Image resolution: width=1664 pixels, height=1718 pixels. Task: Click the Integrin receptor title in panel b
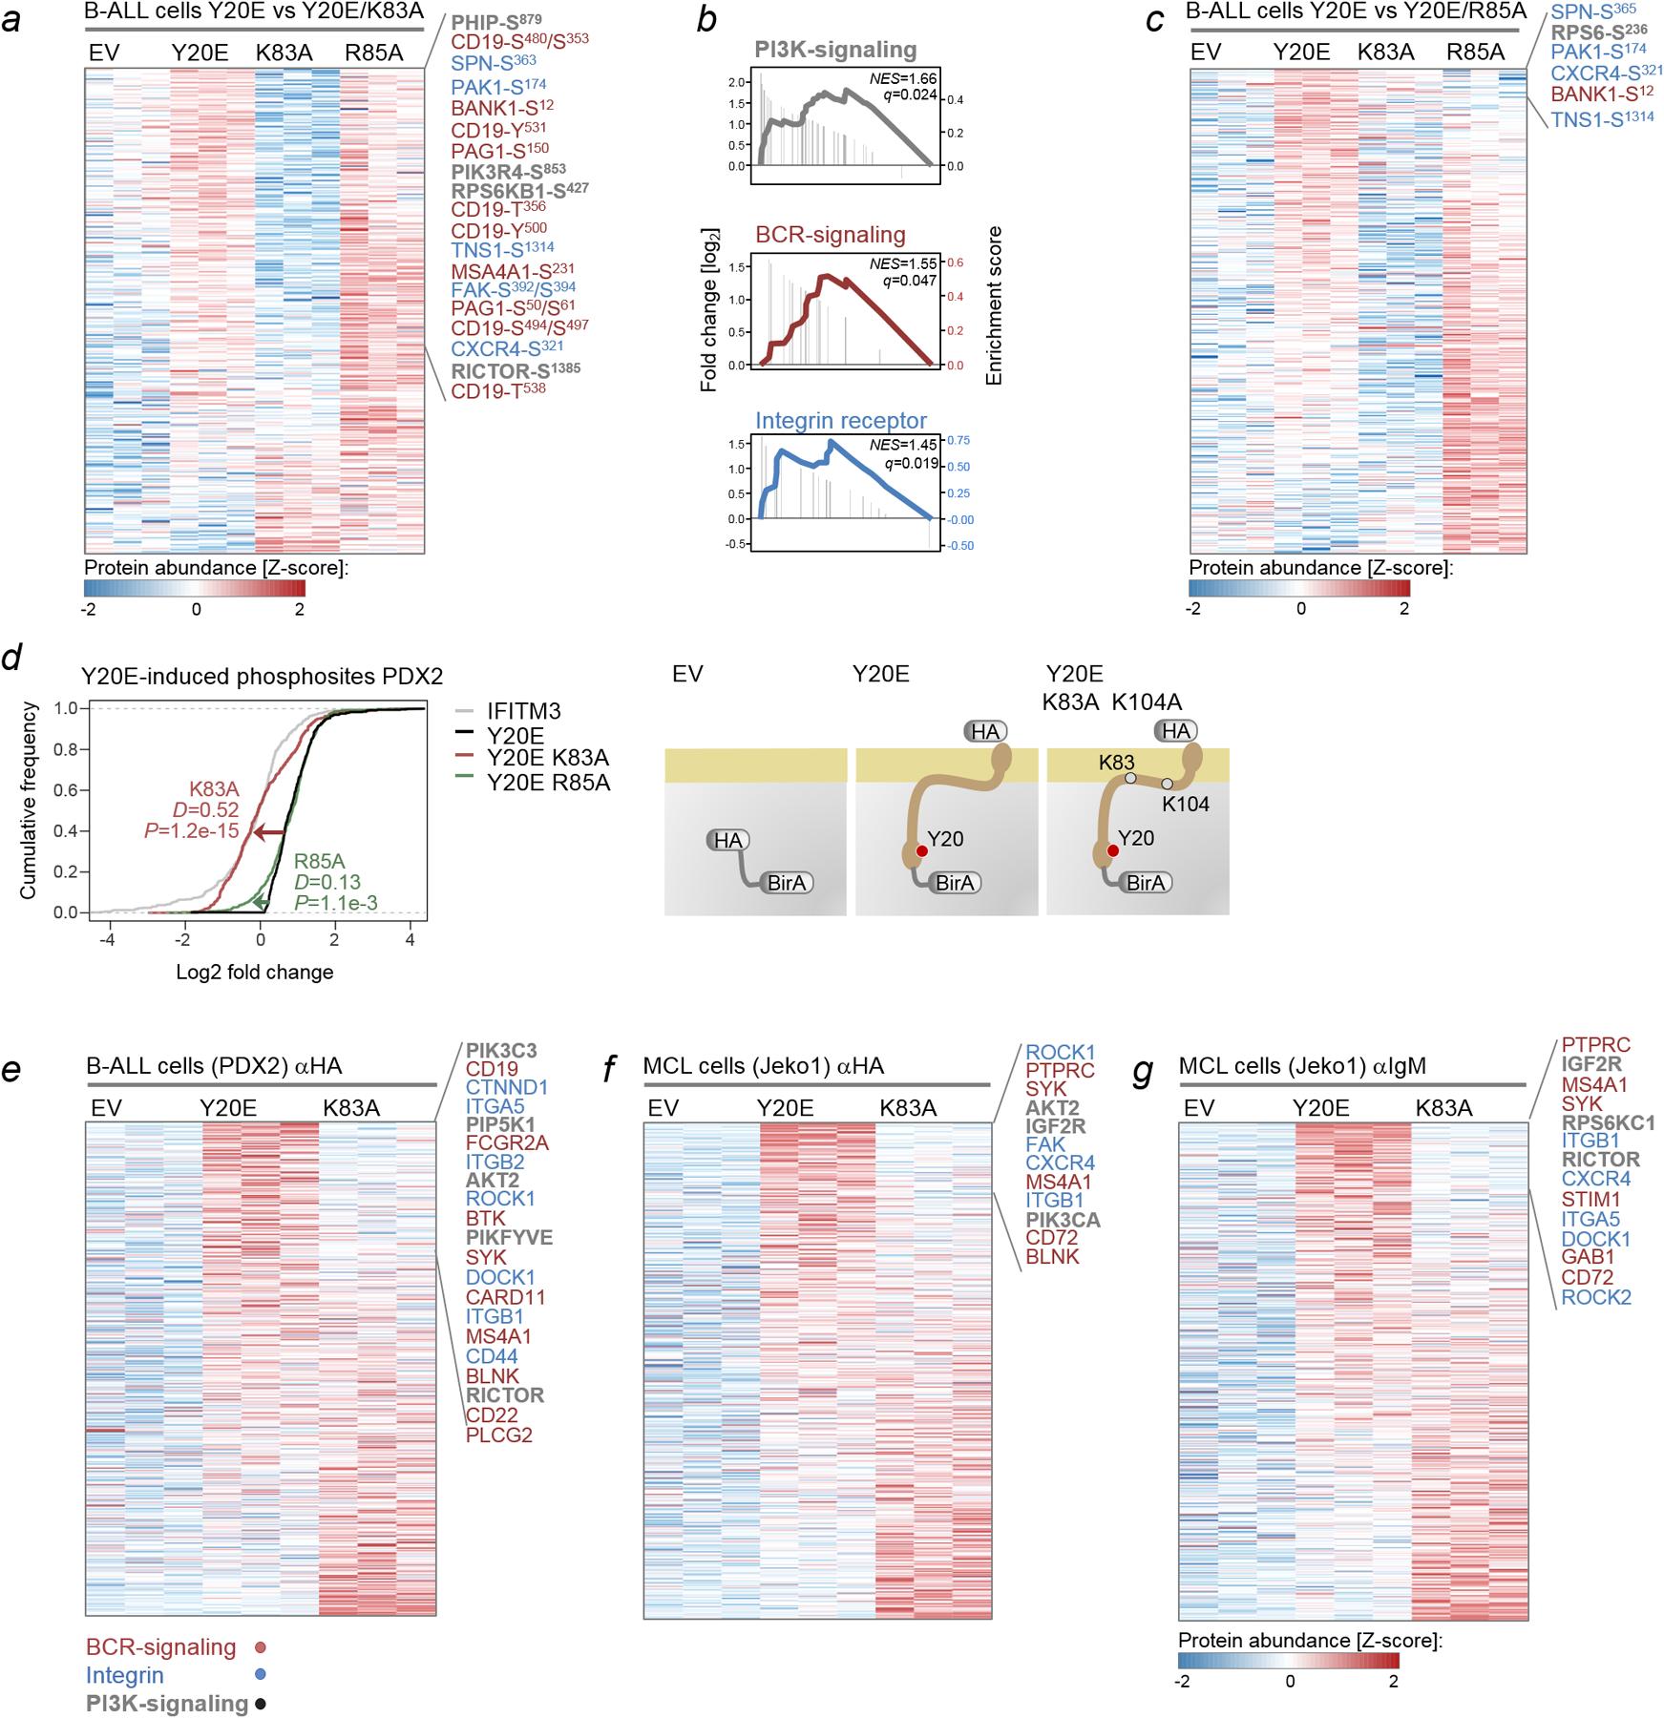click(840, 421)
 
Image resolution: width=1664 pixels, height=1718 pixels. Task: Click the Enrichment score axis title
click(994, 305)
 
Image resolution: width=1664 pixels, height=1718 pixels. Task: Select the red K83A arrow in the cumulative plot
click(270, 833)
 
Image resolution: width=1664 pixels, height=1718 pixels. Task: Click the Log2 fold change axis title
click(255, 973)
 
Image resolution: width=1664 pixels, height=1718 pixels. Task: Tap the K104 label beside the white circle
click(1186, 805)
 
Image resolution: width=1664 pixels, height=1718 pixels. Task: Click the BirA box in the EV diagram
click(787, 883)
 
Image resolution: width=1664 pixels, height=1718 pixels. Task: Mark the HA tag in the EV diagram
click(728, 840)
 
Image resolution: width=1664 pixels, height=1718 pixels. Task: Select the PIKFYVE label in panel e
click(509, 1238)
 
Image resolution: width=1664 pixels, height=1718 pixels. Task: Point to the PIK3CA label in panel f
click(1067, 1220)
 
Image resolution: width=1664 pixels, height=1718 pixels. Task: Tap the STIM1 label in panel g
click(1590, 1199)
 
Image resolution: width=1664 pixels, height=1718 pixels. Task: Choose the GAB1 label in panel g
click(1587, 1258)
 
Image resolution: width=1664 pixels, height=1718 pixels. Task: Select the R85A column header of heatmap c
click(1476, 52)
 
